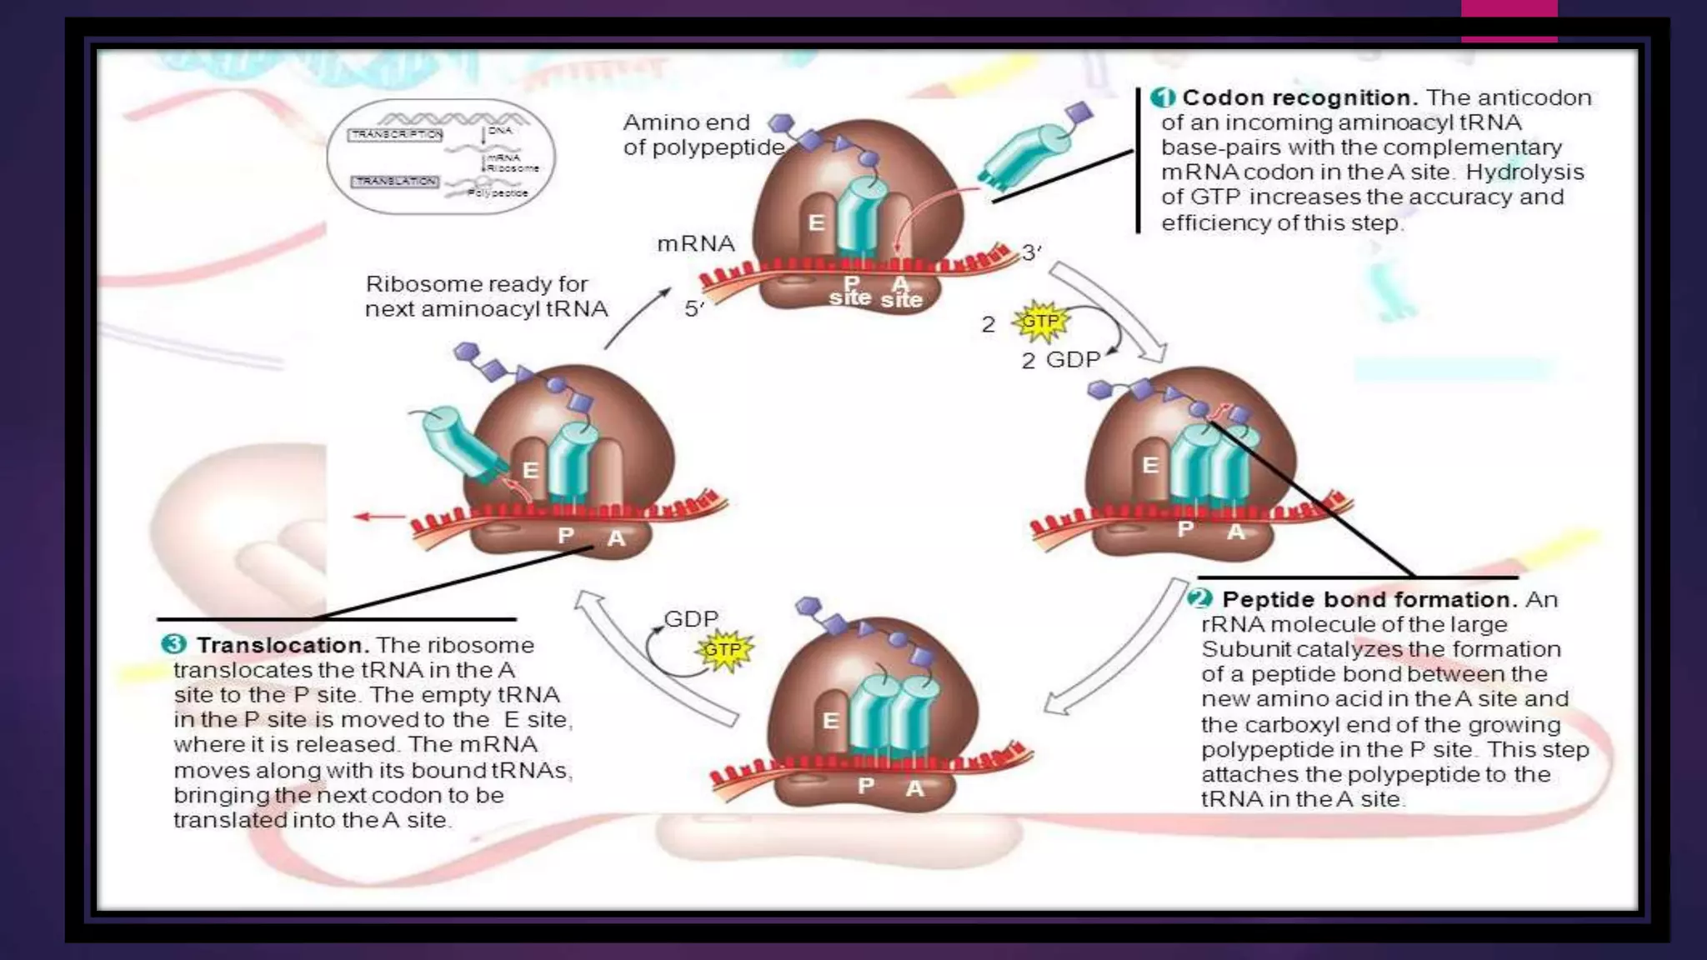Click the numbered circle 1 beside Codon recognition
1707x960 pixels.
click(1163, 97)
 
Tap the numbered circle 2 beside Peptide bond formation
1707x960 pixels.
click(1200, 598)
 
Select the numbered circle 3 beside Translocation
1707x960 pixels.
click(173, 644)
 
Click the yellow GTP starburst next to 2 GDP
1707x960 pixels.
click(1039, 322)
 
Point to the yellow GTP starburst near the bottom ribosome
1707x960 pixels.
click(723, 650)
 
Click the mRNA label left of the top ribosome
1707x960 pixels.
click(696, 243)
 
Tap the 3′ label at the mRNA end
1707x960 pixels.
click(1031, 252)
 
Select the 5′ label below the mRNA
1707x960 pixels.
click(694, 309)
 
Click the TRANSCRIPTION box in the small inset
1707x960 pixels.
click(396, 134)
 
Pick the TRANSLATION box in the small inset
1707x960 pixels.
click(395, 181)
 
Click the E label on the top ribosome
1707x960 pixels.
click(817, 222)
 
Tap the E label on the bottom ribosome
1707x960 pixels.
click(830, 721)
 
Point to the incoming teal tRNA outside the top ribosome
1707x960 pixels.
click(1026, 151)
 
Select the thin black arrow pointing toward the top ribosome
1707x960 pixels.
click(638, 317)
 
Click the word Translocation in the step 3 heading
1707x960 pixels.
click(283, 645)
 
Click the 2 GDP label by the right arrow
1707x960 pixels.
click(1061, 360)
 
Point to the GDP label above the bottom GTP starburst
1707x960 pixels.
click(691, 618)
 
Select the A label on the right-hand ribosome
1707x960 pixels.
click(1235, 531)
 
